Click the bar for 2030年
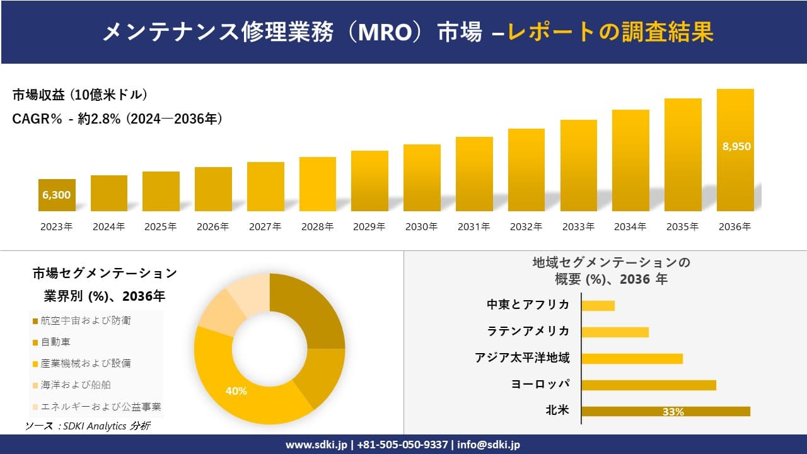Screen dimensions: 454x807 click(422, 178)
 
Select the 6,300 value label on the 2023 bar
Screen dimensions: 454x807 click(57, 195)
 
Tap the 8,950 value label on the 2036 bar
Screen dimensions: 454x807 click(736, 146)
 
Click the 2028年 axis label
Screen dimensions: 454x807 click(317, 227)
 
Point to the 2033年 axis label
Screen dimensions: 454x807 click(578, 227)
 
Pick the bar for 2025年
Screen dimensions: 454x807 click(161, 191)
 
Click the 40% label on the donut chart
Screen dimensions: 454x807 click(236, 391)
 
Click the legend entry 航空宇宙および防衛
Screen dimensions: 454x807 click(86, 321)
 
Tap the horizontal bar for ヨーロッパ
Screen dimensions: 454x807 click(648, 385)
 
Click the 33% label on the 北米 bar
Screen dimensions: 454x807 click(673, 412)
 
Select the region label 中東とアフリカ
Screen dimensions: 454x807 click(528, 305)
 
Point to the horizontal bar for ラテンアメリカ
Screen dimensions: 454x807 click(615, 332)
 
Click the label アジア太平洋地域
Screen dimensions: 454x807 click(522, 358)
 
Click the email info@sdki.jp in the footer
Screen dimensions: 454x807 click(489, 445)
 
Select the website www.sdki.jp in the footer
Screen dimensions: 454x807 click(316, 445)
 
